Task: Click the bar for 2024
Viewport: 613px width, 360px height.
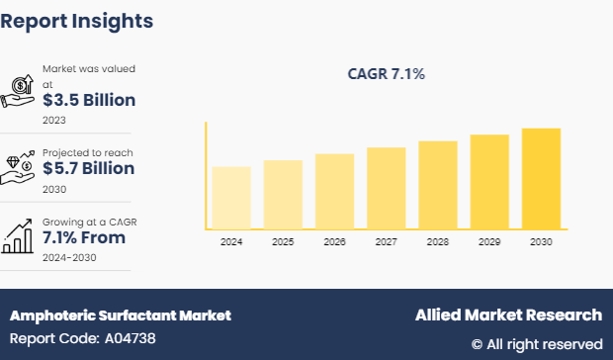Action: (x=231, y=198)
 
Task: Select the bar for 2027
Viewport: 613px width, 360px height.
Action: (x=386, y=188)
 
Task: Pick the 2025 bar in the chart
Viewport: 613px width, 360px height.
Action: (x=283, y=195)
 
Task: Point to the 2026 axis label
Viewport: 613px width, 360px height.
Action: (x=334, y=242)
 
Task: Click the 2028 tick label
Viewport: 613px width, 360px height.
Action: (x=437, y=242)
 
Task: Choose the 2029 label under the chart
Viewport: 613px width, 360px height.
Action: (x=488, y=242)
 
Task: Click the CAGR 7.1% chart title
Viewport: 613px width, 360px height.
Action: (x=386, y=74)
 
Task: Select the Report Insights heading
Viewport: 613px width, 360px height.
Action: (x=77, y=20)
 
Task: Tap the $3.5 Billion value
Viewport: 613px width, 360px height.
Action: (x=88, y=100)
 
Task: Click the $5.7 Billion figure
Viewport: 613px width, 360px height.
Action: (x=88, y=169)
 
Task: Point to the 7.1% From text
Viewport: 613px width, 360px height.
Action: (x=83, y=238)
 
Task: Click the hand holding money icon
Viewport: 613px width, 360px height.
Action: (x=20, y=92)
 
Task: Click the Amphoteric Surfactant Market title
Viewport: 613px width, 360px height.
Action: (x=120, y=315)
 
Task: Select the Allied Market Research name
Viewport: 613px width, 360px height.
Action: (x=507, y=315)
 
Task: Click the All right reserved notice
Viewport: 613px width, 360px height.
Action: (x=536, y=344)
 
